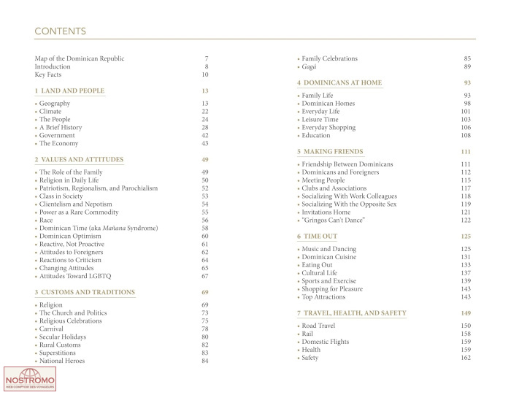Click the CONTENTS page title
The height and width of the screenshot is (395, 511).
coord(61,31)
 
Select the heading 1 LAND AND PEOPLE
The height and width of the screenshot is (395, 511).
coord(69,91)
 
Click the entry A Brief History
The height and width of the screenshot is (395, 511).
coord(61,128)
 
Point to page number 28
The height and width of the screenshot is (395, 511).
coord(205,128)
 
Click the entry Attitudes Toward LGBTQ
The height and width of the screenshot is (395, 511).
coord(77,276)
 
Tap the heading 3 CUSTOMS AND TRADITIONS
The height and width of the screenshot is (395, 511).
coord(84,292)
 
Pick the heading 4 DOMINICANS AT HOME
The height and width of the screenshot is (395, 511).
coord(339,83)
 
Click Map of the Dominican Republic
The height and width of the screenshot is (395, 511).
coord(80,58)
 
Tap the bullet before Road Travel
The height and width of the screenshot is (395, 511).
coord(299,326)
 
